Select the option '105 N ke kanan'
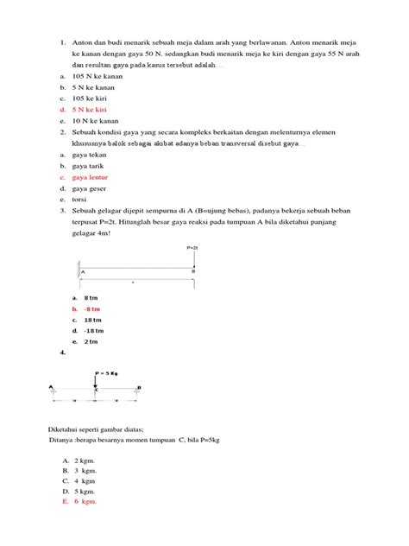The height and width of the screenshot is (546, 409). pos(97,76)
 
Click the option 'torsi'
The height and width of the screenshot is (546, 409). pos(80,199)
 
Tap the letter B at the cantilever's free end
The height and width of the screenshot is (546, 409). pos(192,271)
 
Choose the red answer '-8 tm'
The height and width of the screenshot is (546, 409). pos(91,308)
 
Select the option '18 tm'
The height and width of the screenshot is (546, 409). pos(91,320)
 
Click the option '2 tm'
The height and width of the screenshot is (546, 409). pos(91,341)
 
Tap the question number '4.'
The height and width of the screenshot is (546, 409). pos(63,353)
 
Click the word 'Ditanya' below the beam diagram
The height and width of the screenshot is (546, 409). pos(63,439)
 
